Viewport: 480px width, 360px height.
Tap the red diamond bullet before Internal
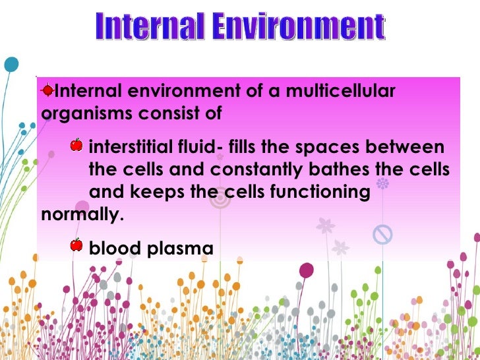pos(47,90)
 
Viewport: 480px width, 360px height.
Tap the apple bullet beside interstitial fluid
pos(76,144)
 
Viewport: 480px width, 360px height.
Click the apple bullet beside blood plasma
pos(76,245)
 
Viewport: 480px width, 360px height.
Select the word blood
pos(113,248)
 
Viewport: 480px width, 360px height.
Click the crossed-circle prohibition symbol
pos(382,233)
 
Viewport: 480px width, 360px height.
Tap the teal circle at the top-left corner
pos(10,65)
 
